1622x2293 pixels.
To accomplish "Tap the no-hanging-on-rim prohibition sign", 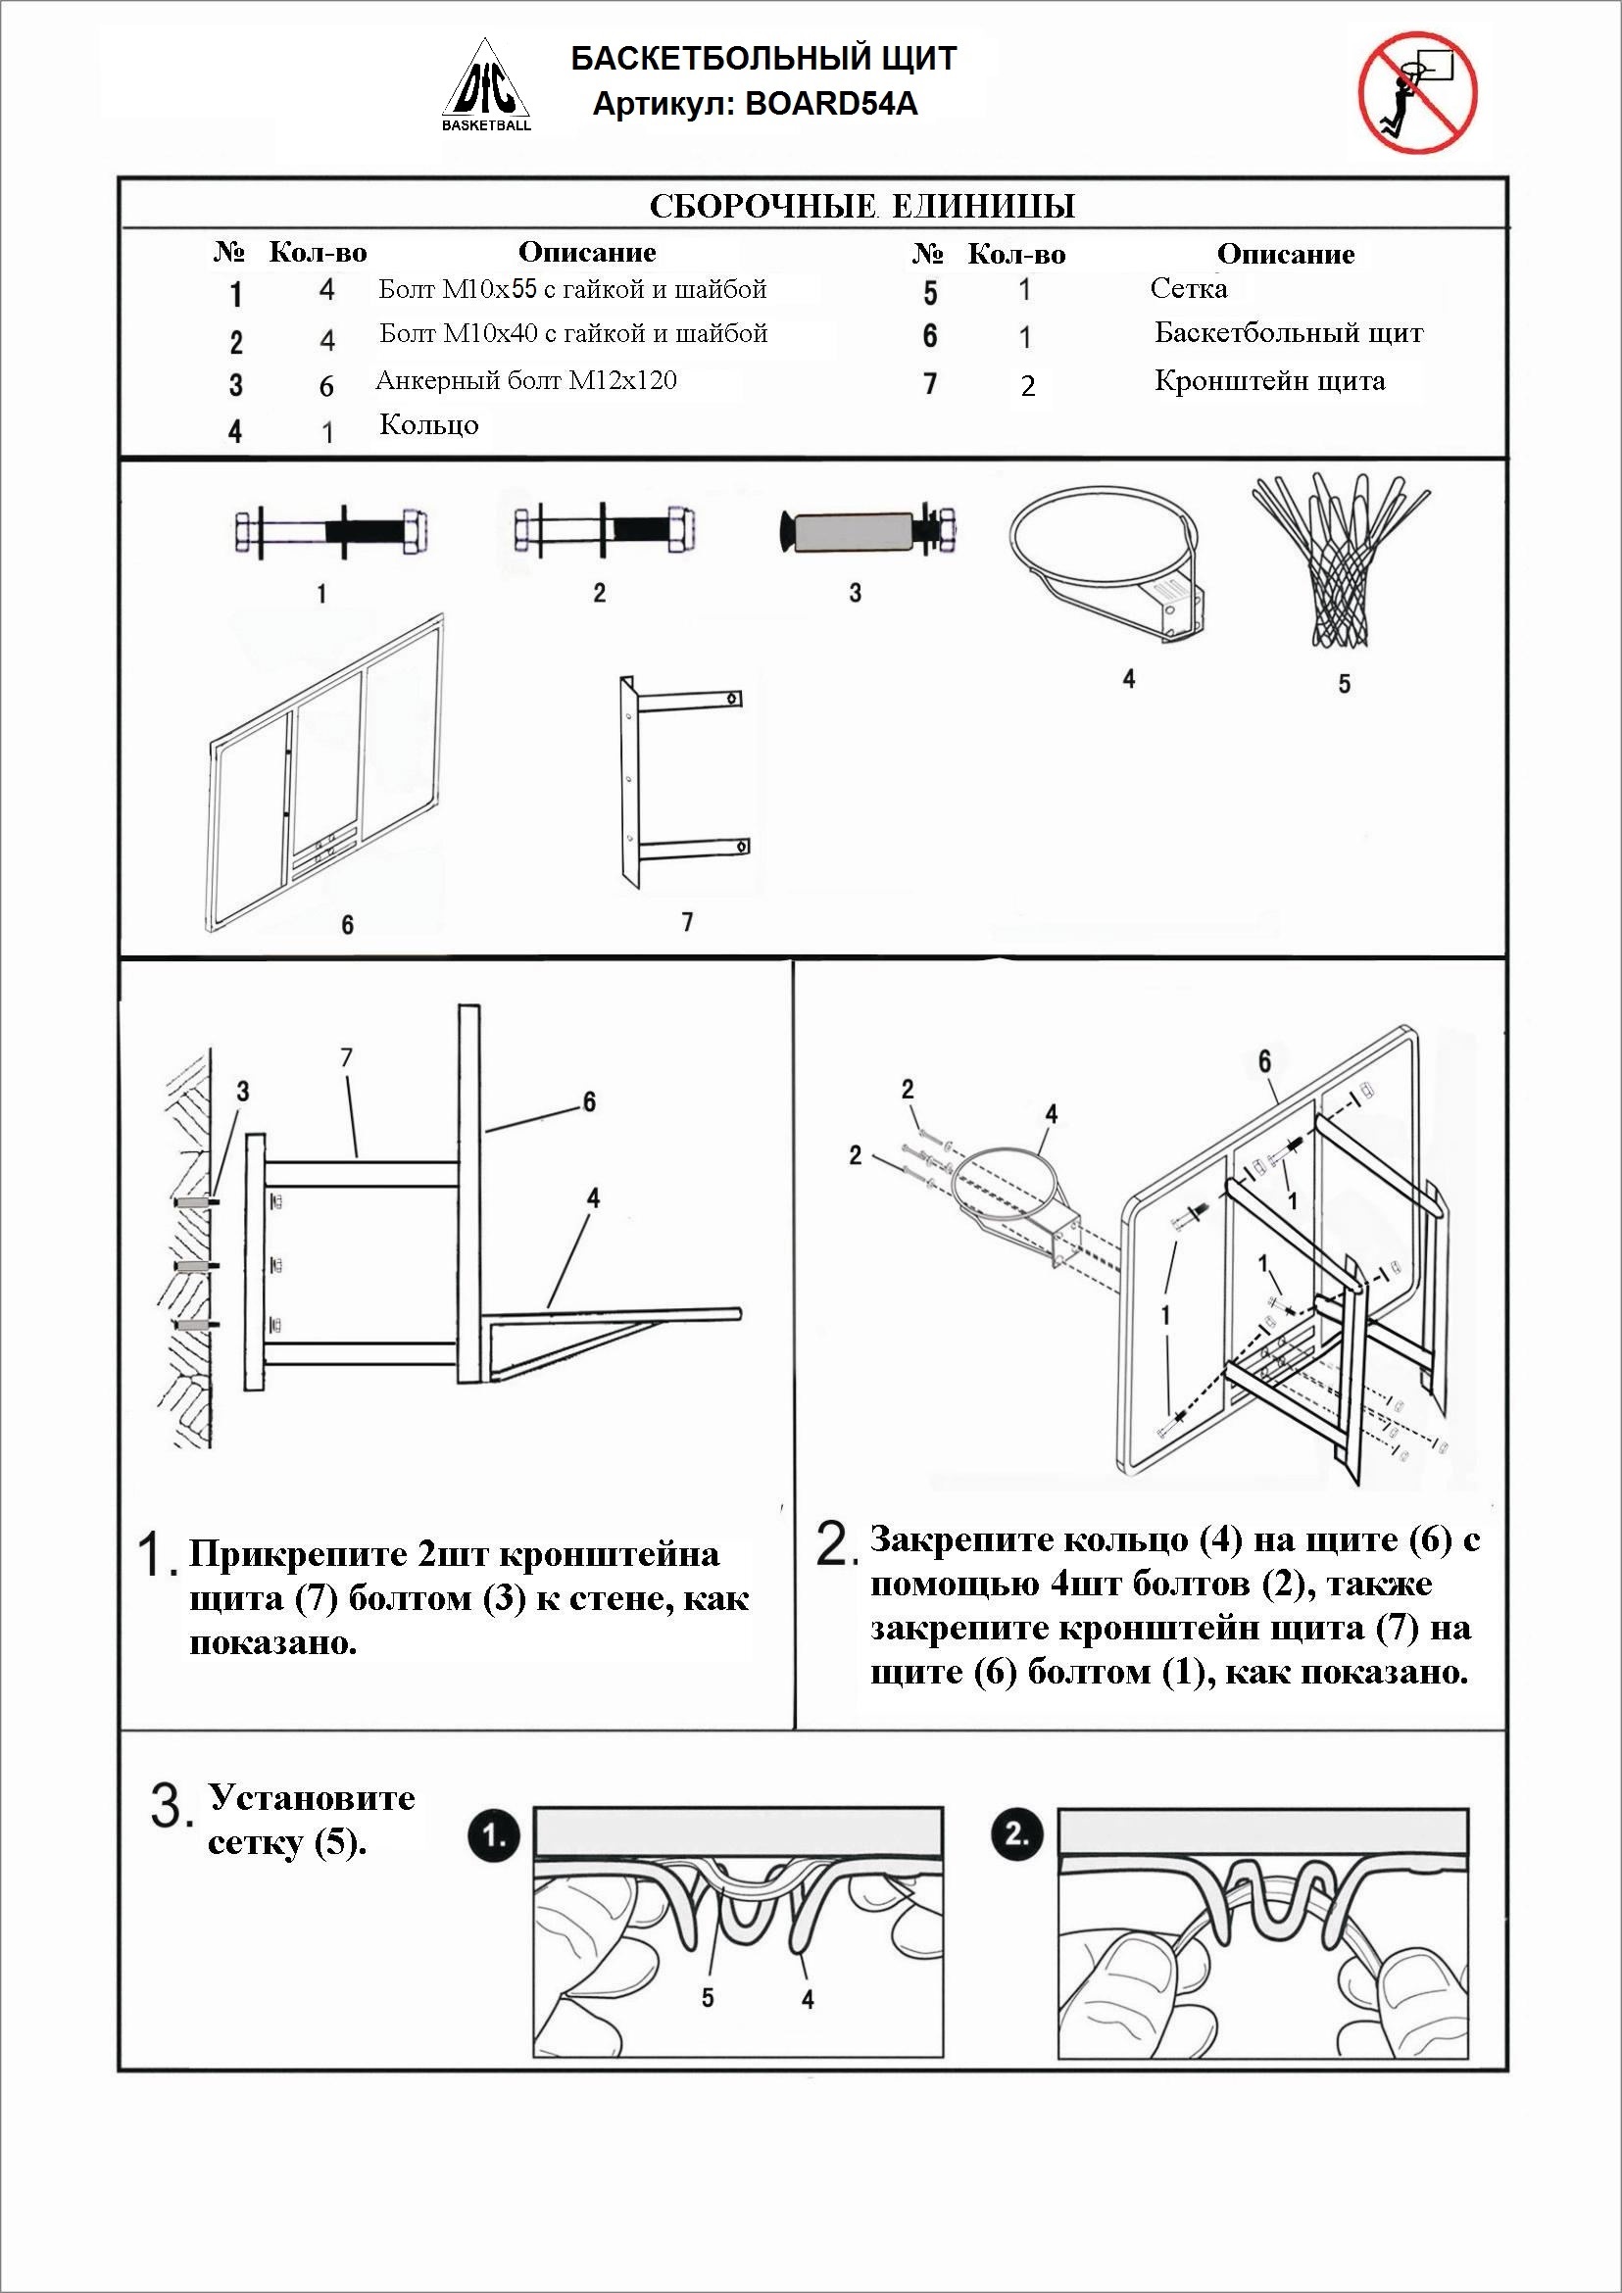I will [1416, 91].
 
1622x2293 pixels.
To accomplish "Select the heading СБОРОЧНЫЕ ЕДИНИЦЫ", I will [861, 206].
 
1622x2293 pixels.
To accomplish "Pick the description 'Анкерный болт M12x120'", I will [526, 380].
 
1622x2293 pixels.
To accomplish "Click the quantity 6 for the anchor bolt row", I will [326, 386].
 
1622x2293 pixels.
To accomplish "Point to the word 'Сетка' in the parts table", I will [1189, 289].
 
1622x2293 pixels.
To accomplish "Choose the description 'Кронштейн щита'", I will [1269, 381].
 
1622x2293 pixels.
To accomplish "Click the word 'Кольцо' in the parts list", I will [428, 425].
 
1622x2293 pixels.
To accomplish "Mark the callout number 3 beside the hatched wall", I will [243, 1093].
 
